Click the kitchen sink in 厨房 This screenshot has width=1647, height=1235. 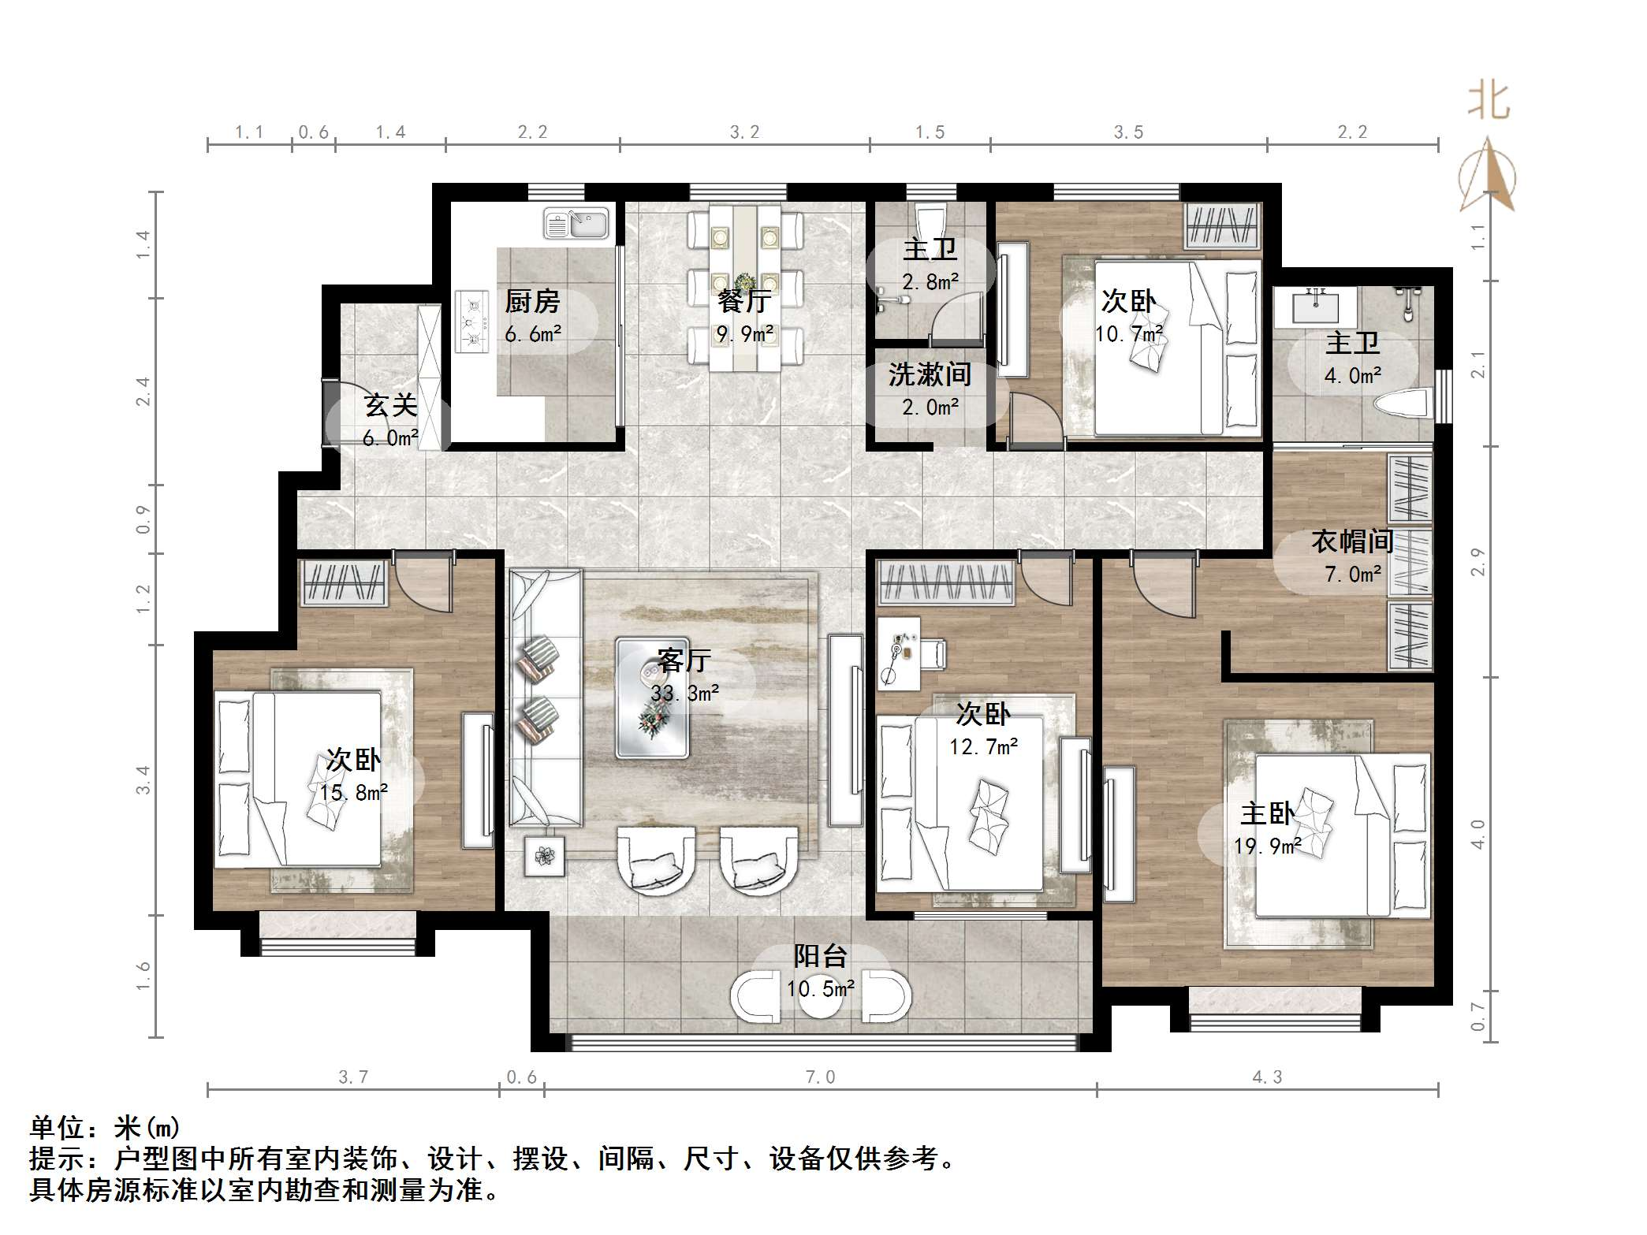coord(576,224)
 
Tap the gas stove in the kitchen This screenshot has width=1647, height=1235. coord(471,322)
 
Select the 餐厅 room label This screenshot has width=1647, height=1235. coord(743,300)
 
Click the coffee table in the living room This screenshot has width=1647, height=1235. coord(652,697)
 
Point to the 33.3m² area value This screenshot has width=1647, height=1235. coord(684,694)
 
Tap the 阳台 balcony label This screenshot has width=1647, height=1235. coord(820,956)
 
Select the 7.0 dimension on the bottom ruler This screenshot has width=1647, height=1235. coord(820,1077)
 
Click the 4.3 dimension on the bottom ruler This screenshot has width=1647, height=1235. coord(1267,1077)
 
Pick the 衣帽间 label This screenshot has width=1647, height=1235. coord(1352,541)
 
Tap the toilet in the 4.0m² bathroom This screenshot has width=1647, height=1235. coord(1402,404)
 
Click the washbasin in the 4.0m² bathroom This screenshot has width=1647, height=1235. coord(1315,307)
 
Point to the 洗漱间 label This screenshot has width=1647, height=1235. coord(930,374)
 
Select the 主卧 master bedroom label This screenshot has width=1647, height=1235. coord(1266,813)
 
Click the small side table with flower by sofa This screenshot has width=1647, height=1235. coord(545,855)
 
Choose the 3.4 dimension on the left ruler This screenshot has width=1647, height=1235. coord(143,779)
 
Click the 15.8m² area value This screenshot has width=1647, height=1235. coord(353,793)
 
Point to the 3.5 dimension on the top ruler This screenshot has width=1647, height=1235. coord(1128,132)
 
